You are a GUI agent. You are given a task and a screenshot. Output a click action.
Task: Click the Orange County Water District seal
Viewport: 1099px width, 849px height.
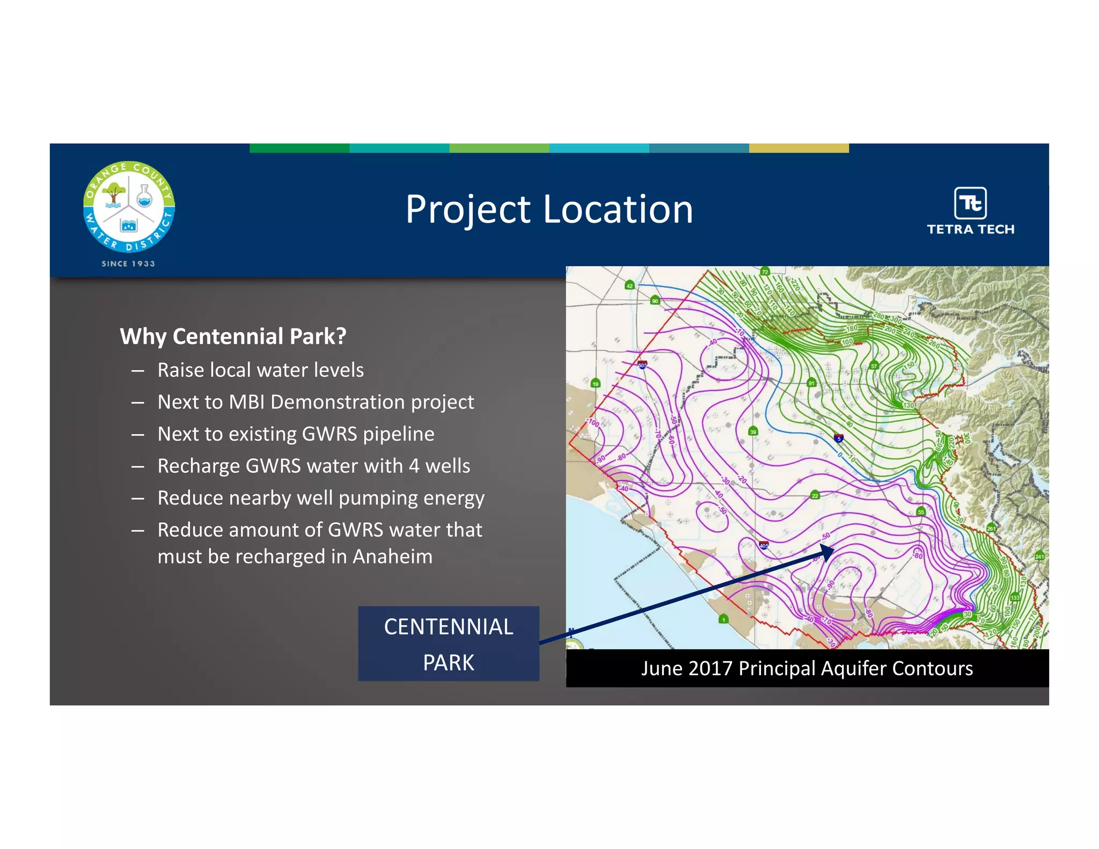point(129,207)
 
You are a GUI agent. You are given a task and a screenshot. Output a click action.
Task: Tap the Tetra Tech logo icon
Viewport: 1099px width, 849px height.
point(970,203)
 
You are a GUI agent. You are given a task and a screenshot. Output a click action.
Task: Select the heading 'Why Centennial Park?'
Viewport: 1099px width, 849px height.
point(233,336)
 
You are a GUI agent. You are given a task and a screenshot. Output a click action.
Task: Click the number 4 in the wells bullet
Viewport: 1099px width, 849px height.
point(414,466)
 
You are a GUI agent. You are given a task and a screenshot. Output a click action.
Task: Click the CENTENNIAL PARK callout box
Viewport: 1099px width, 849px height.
point(449,643)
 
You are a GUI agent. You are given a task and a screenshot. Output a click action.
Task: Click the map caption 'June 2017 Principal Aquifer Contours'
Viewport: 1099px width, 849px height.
point(807,669)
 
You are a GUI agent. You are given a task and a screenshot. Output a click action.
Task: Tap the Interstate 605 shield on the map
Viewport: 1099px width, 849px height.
point(642,365)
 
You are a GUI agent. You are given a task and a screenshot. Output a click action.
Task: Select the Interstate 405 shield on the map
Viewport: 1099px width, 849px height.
point(764,546)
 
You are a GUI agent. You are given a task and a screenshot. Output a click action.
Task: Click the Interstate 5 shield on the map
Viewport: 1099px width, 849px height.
point(839,438)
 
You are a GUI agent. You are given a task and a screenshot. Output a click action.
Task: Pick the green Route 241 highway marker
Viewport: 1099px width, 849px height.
point(1039,556)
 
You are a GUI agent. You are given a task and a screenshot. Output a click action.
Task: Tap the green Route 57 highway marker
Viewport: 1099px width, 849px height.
point(874,366)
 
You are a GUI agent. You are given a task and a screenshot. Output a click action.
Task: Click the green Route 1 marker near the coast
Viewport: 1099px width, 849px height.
point(723,619)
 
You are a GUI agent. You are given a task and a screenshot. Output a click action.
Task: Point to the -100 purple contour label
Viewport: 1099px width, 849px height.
point(594,423)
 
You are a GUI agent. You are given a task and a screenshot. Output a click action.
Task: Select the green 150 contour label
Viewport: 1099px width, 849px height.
point(910,365)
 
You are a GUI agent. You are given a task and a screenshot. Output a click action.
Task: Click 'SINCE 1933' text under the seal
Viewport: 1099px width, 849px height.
point(128,264)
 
